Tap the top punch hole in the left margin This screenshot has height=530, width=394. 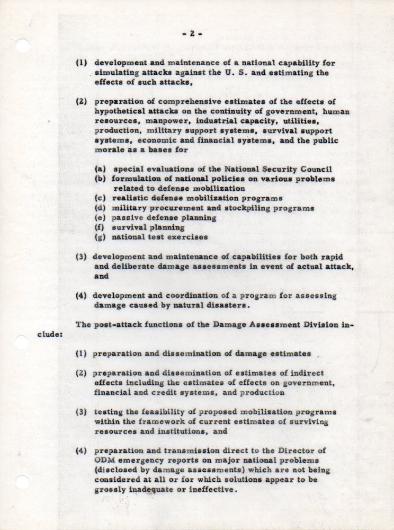22,46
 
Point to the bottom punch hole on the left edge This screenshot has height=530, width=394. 22,483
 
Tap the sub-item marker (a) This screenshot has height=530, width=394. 100,170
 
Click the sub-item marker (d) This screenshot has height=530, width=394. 100,208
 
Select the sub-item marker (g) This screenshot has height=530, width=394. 100,237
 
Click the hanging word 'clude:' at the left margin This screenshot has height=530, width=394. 50,335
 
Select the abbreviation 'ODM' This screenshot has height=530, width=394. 104,461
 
